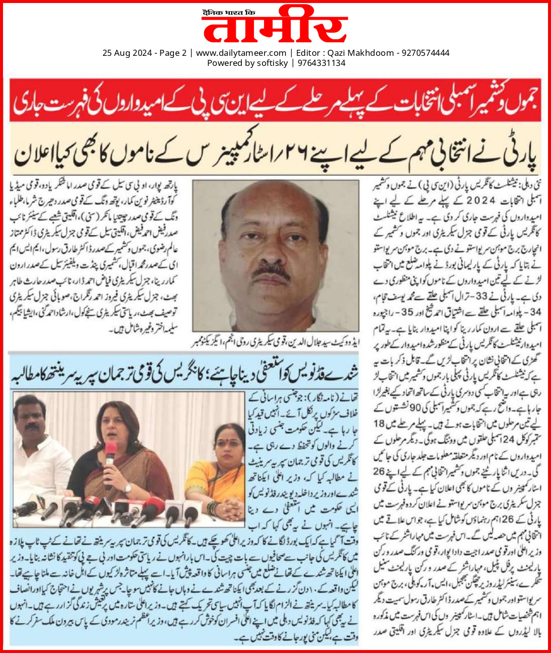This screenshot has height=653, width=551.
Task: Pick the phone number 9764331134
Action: tap(321, 63)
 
